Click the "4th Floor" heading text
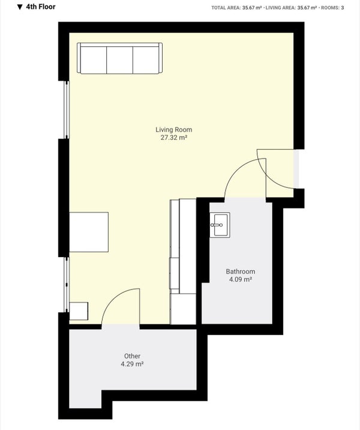(41, 7)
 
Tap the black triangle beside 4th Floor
(19, 7)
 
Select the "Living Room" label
(173, 130)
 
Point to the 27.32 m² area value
(173, 138)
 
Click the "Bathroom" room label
(240, 271)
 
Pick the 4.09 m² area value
(240, 279)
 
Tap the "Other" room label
(132, 356)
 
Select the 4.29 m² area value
(132, 364)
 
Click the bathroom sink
(220, 225)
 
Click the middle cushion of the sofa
(120, 60)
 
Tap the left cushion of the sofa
(94, 60)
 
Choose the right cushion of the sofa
(146, 60)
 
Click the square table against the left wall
(89, 232)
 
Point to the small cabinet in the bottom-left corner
(79, 311)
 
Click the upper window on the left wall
(67, 110)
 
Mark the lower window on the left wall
(67, 285)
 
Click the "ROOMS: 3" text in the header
(332, 8)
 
